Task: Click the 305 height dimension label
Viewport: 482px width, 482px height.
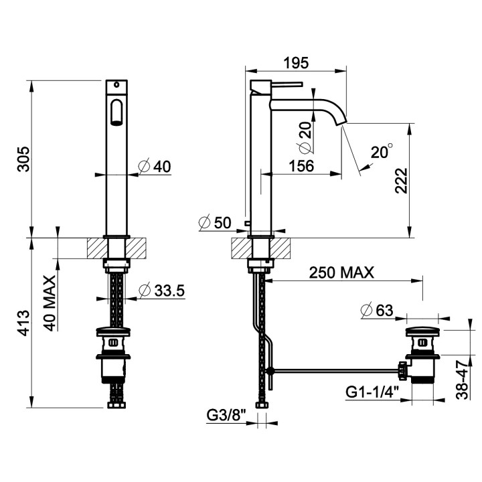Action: point(24,159)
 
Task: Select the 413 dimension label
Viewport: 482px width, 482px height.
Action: point(23,323)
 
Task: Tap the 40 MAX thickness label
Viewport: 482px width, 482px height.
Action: point(50,303)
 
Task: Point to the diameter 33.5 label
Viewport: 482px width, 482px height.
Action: point(162,291)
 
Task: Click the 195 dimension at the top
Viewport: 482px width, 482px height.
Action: point(296,63)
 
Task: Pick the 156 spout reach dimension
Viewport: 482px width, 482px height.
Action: point(301,166)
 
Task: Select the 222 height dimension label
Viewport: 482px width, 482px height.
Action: point(401,181)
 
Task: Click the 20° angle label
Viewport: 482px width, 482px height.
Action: point(382,151)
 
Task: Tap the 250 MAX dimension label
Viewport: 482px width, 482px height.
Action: point(341,272)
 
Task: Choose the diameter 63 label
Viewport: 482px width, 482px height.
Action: point(377,310)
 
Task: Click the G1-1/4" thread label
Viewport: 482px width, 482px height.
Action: point(373,392)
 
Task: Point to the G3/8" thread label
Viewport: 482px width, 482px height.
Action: point(226,416)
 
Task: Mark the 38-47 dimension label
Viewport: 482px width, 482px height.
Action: point(462,380)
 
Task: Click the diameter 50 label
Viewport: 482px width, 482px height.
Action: point(215,222)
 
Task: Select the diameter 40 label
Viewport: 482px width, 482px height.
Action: point(155,167)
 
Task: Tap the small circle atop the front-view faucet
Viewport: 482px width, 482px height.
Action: point(116,84)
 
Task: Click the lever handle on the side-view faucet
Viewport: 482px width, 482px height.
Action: point(287,83)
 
